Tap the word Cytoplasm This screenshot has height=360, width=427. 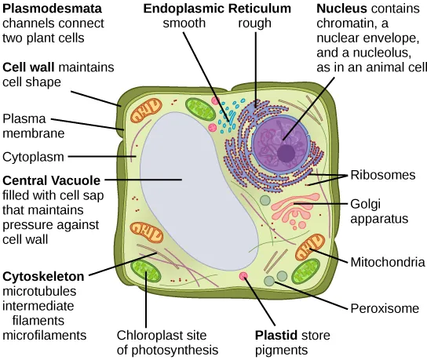[x=33, y=156]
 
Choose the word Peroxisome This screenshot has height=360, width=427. [x=383, y=308]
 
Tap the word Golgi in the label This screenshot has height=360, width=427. [x=367, y=202]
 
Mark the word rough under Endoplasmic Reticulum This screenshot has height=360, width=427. [x=254, y=24]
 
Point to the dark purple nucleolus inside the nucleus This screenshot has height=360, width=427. [x=287, y=152]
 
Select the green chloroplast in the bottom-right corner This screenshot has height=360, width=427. [x=305, y=272]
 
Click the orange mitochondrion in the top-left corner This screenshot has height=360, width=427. [x=146, y=111]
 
